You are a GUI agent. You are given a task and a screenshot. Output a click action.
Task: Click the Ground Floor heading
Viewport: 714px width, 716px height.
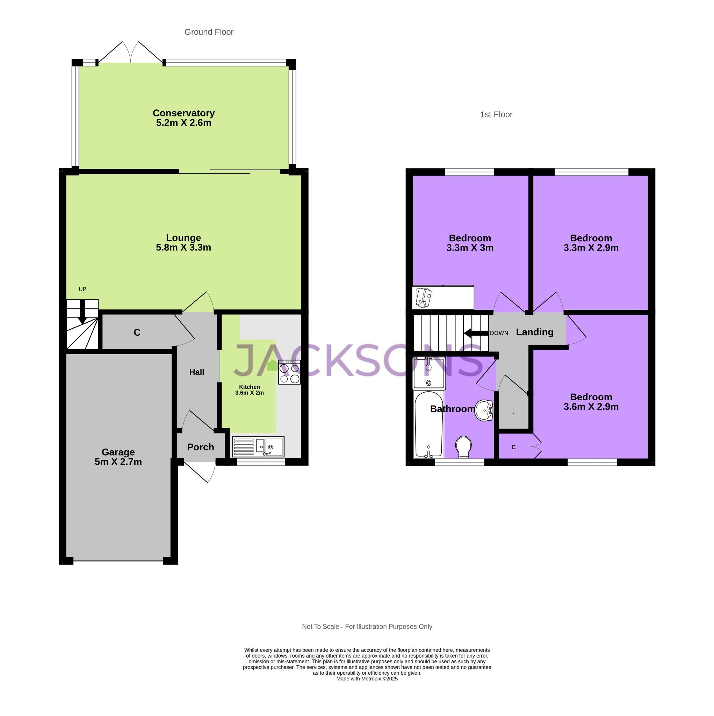pyautogui.click(x=209, y=32)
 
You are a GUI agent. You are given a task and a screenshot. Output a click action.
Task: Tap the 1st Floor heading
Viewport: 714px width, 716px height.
pyautogui.click(x=496, y=115)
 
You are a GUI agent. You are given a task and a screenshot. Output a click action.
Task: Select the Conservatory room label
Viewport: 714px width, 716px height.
pyautogui.click(x=183, y=113)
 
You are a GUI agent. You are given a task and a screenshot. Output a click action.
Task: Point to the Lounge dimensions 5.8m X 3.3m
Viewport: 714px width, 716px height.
pyautogui.click(x=183, y=248)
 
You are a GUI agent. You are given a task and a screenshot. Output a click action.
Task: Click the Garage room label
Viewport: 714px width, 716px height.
pyautogui.click(x=118, y=452)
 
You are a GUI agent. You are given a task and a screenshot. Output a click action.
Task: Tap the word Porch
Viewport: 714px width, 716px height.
pyautogui.click(x=201, y=447)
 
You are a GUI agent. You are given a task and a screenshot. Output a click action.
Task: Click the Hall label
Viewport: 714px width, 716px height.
pyautogui.click(x=196, y=372)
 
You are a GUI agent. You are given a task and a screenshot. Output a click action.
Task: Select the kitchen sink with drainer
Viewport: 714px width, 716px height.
pyautogui.click(x=258, y=446)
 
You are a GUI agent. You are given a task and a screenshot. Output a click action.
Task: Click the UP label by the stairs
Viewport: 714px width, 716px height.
pyautogui.click(x=82, y=289)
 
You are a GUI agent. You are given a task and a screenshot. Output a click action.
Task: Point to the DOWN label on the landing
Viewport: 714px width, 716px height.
pyautogui.click(x=499, y=333)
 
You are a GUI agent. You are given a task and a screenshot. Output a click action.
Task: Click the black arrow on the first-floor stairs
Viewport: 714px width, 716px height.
pyautogui.click(x=476, y=333)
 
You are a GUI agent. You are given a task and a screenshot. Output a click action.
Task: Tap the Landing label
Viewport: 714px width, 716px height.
pyautogui.click(x=534, y=332)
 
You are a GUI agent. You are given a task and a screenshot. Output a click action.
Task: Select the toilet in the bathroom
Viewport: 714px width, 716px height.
pyautogui.click(x=463, y=446)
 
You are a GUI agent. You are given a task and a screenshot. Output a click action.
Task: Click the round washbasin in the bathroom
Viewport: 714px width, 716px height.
pyautogui.click(x=484, y=410)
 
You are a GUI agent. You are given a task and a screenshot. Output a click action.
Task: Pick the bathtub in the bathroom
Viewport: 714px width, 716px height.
pyautogui.click(x=429, y=425)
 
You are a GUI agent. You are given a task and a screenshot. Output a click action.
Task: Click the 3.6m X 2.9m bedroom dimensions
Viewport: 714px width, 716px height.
pyautogui.click(x=591, y=407)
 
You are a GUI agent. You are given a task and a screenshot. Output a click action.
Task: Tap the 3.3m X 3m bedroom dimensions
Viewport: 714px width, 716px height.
pyautogui.click(x=469, y=248)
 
